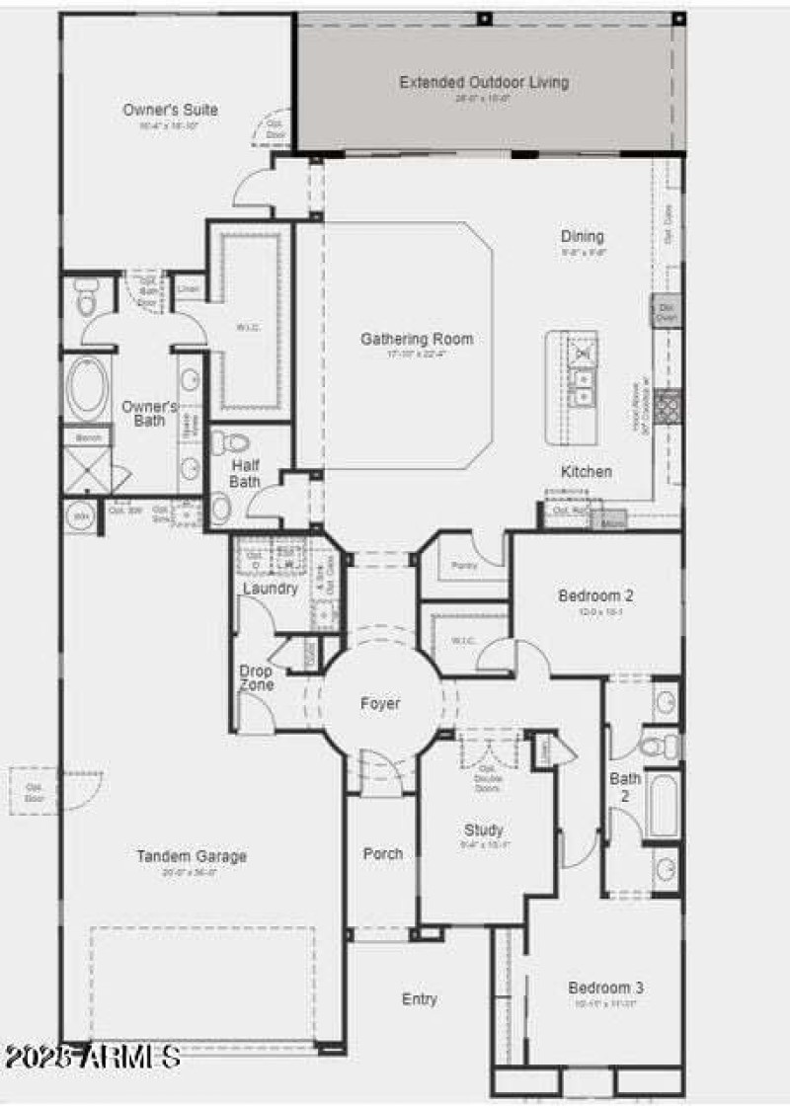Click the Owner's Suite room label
click(170, 110)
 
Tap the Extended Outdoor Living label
click(484, 82)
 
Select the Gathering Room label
click(416, 339)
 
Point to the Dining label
click(583, 237)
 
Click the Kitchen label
click(587, 472)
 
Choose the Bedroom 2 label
click(595, 595)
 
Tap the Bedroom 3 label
click(605, 987)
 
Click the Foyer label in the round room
click(380, 704)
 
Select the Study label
click(483, 829)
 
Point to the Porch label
click(382, 853)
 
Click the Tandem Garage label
click(192, 856)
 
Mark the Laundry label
click(270, 589)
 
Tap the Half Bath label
click(245, 473)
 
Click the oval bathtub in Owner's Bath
click(87, 389)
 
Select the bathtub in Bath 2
click(664, 805)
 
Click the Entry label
click(419, 999)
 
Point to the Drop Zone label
click(256, 677)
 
